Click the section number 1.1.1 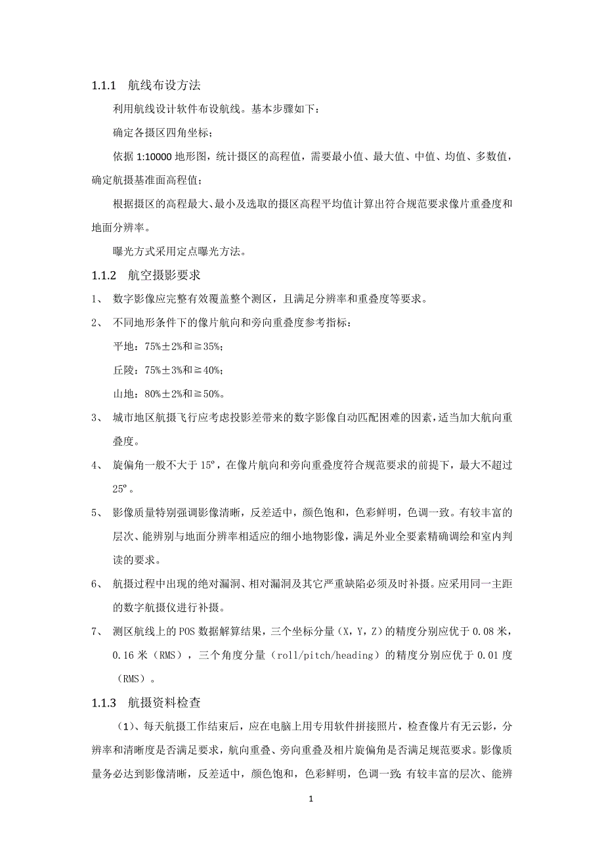click(104, 85)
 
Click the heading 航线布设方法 click(164, 85)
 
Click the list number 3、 click(97, 418)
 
